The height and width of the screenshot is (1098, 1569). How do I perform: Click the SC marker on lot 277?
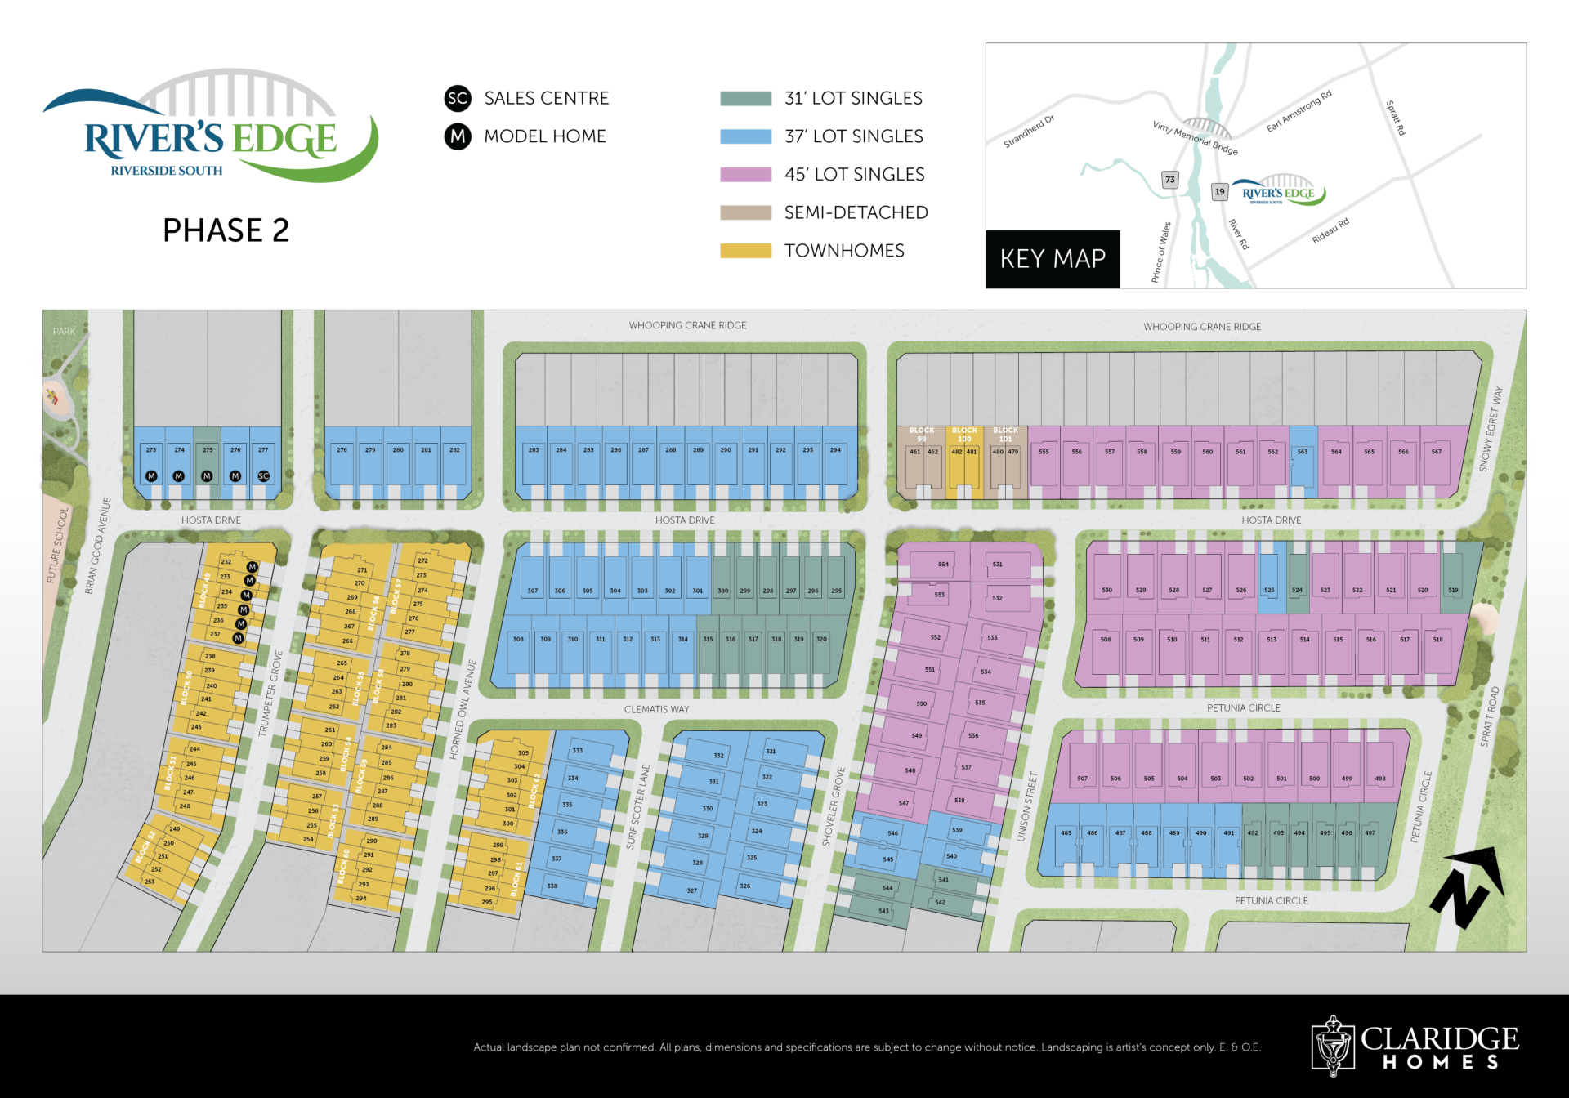[x=263, y=475]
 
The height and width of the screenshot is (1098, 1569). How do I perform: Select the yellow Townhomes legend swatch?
[x=745, y=251]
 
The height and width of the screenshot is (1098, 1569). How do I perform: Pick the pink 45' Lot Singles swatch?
[x=745, y=175]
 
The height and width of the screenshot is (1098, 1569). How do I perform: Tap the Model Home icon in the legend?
[x=458, y=136]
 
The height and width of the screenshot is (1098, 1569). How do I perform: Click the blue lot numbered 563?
[x=1303, y=452]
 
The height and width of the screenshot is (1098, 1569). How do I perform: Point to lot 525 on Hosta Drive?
[x=1269, y=590]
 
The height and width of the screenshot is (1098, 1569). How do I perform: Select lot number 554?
[x=943, y=565]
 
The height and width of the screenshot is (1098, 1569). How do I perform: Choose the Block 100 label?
[x=964, y=435]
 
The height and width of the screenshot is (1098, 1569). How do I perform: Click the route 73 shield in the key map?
[x=1170, y=180]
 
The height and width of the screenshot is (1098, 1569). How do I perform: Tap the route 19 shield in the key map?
[x=1219, y=192]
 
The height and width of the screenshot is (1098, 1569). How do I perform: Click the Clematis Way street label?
[x=656, y=709]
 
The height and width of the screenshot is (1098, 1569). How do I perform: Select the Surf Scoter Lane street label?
[x=638, y=807]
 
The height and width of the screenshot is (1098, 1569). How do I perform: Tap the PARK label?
[x=64, y=332]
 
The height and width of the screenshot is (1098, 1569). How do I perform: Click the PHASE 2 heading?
[x=226, y=230]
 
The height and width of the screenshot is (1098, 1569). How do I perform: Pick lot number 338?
[x=552, y=886]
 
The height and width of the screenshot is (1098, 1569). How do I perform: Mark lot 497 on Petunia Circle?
[x=1370, y=833]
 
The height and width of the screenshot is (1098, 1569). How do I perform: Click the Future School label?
[x=58, y=545]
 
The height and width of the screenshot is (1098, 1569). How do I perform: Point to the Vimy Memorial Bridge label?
[x=1195, y=138]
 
